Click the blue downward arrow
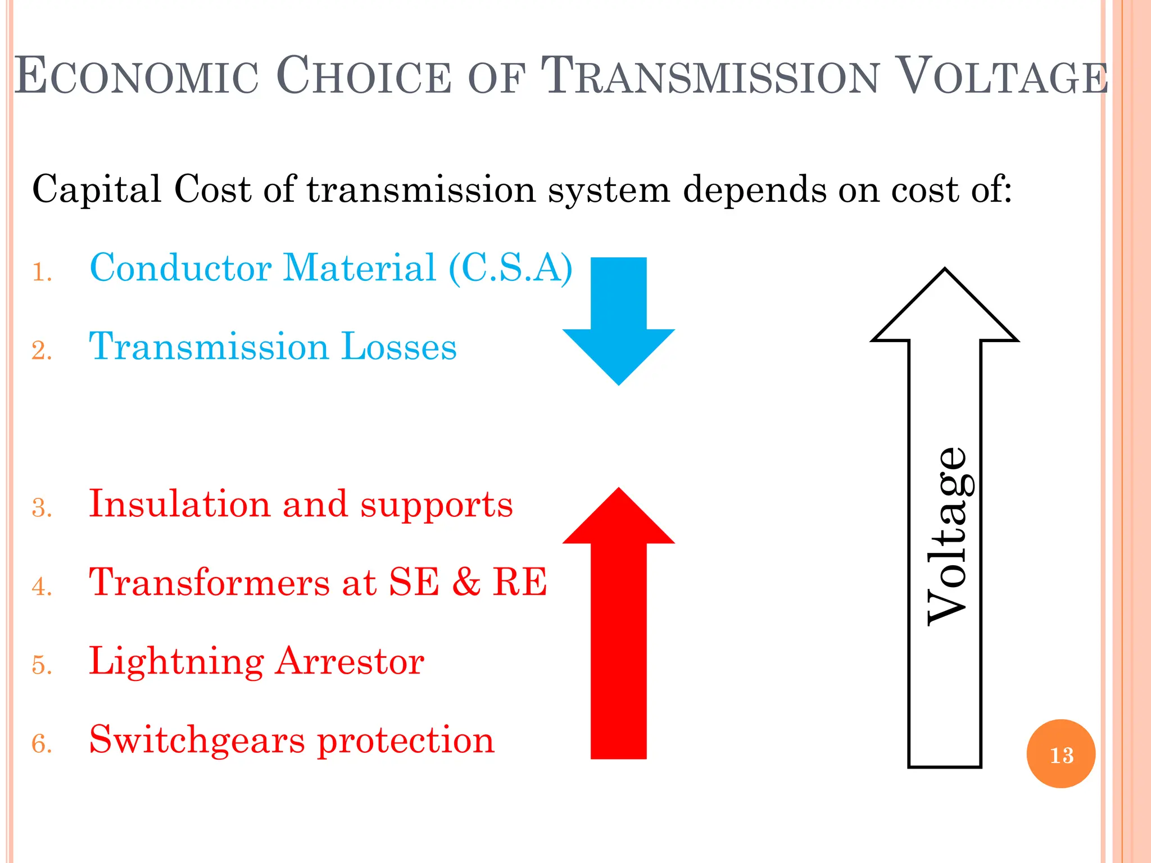[618, 320]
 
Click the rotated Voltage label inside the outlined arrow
[947, 537]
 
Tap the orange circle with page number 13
[1061, 754]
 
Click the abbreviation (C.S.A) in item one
[510, 268]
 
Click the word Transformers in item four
[210, 582]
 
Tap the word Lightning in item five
[176, 662]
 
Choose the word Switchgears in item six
[197, 741]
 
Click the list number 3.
[42, 508]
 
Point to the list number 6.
[42, 744]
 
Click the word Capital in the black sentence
[97, 190]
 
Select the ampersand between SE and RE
[466, 582]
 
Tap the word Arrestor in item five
[350, 661]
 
